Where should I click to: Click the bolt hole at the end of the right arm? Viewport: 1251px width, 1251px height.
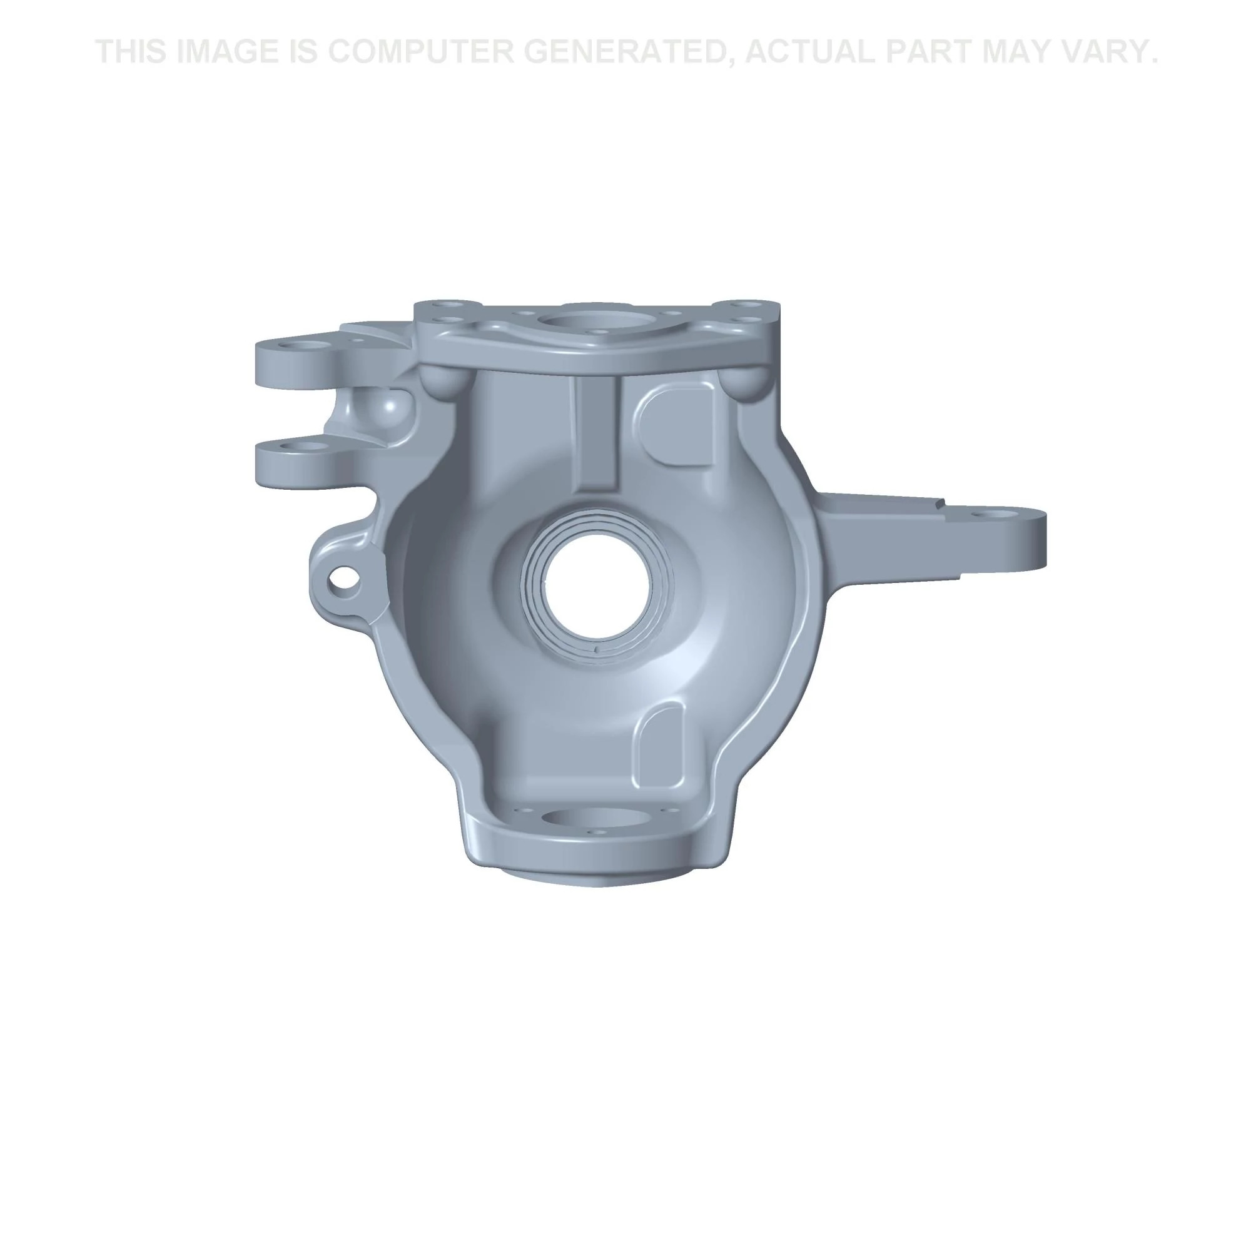pos(990,514)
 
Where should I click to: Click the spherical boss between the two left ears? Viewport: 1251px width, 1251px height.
pos(386,408)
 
